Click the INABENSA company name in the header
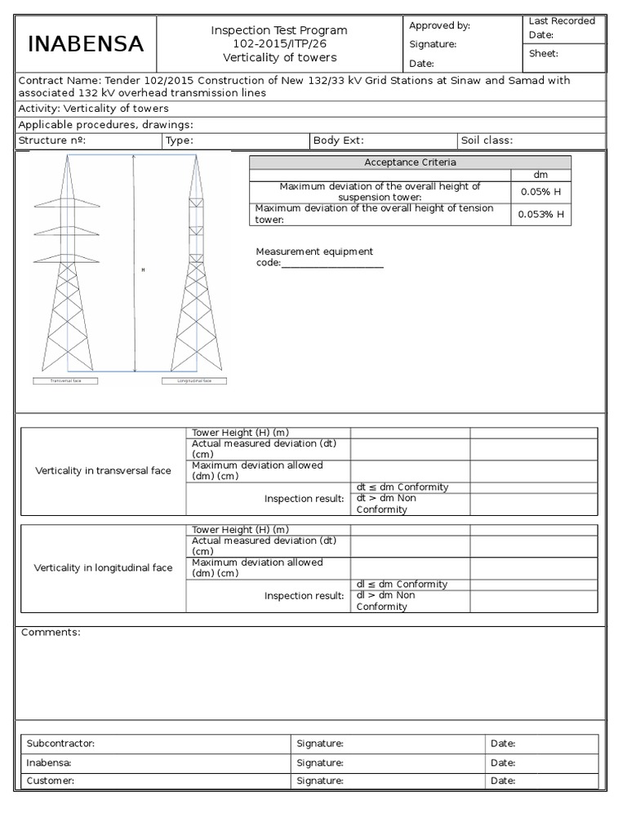[x=85, y=44]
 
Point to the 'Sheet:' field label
[x=543, y=54]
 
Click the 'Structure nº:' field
[x=51, y=140]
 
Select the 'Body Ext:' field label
[x=339, y=140]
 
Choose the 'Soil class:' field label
[x=487, y=140]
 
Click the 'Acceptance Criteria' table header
[x=410, y=162]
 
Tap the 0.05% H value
[x=540, y=192]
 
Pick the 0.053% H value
[x=540, y=215]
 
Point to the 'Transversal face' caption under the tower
[x=61, y=380]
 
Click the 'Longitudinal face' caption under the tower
[x=194, y=380]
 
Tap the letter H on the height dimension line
[x=142, y=269]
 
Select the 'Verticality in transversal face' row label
[x=103, y=471]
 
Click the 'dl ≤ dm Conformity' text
[x=402, y=584]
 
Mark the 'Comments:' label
[x=51, y=632]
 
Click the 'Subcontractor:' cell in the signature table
[x=61, y=744]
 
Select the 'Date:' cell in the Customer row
[x=503, y=781]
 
